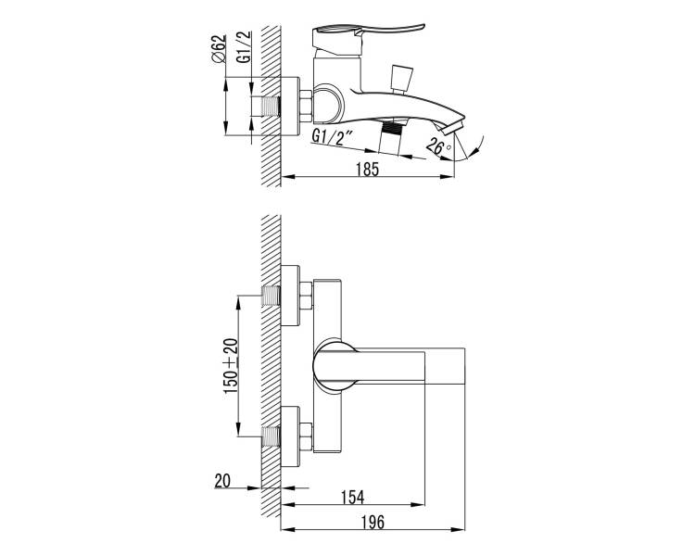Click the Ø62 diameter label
point(219,49)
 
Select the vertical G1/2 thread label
point(244,47)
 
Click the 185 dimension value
point(368,169)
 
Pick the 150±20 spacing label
point(231,366)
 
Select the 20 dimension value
point(222,481)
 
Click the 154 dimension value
point(353,497)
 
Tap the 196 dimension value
point(373,523)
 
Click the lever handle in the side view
point(368,33)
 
